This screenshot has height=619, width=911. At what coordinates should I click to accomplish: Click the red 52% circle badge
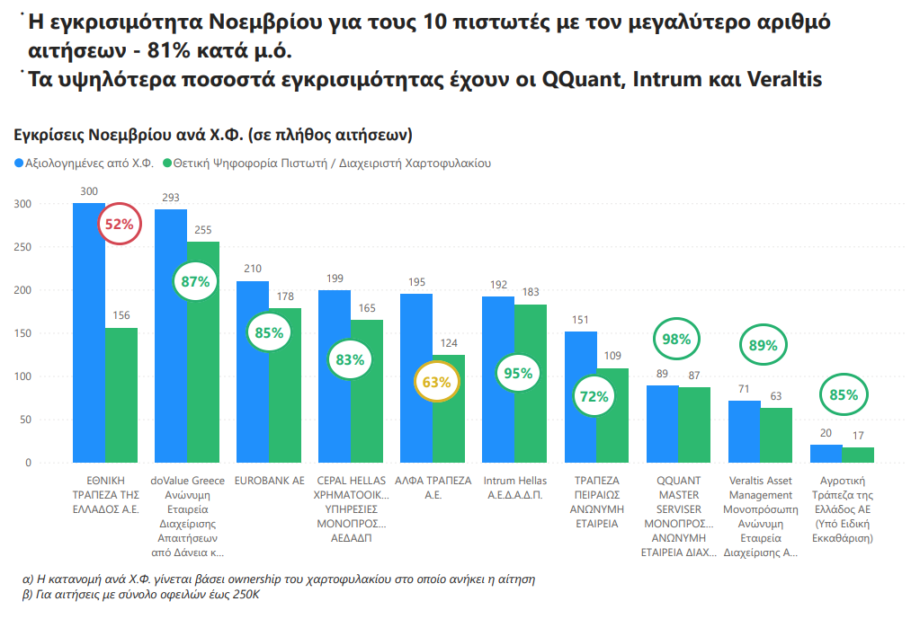[x=120, y=225]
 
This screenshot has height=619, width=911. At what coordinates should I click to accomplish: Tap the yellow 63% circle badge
[x=436, y=382]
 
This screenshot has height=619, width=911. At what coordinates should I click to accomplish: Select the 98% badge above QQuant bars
[x=676, y=340]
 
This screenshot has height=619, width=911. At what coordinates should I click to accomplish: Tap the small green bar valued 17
[x=859, y=455]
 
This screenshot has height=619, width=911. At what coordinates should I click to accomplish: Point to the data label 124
[x=449, y=343]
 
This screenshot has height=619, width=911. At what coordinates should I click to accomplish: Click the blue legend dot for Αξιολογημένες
[x=19, y=164]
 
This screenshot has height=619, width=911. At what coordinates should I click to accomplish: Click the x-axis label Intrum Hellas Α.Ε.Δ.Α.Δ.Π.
[x=514, y=488]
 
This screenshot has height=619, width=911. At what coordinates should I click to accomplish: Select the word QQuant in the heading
[x=584, y=79]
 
